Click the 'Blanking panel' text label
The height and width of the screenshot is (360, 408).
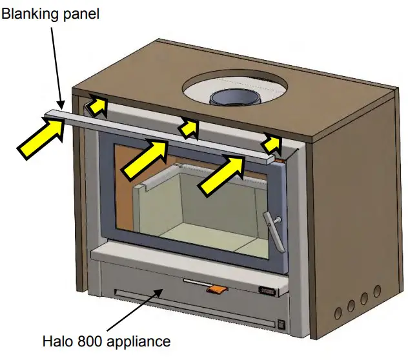point(50,14)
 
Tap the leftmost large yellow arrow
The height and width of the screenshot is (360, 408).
point(41,137)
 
